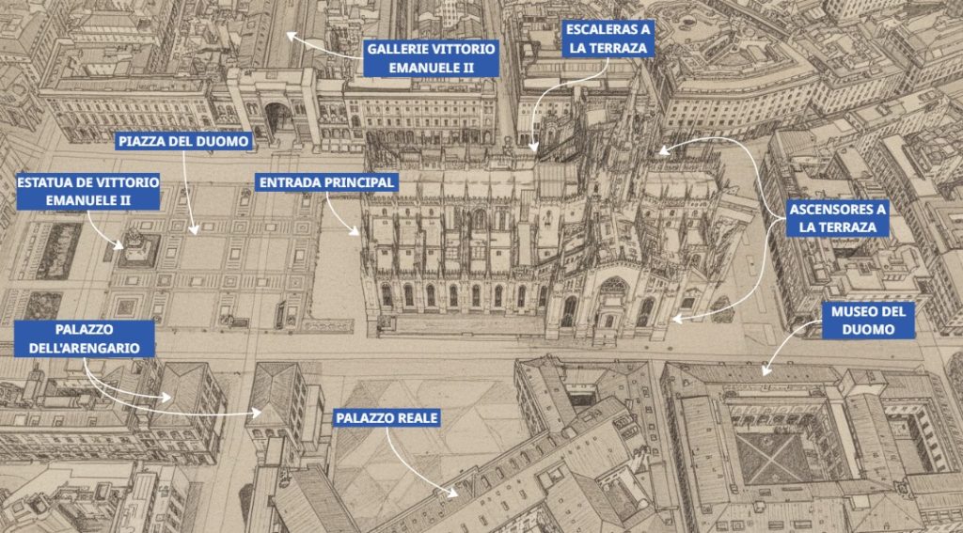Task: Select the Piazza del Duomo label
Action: click(x=184, y=142)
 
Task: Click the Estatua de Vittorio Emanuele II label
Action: click(x=87, y=190)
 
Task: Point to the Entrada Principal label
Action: click(x=325, y=180)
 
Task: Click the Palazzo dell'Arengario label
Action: click(x=83, y=338)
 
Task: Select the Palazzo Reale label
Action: click(x=386, y=417)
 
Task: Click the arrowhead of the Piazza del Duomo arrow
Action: click(x=195, y=230)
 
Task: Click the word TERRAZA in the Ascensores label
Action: click(x=852, y=227)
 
